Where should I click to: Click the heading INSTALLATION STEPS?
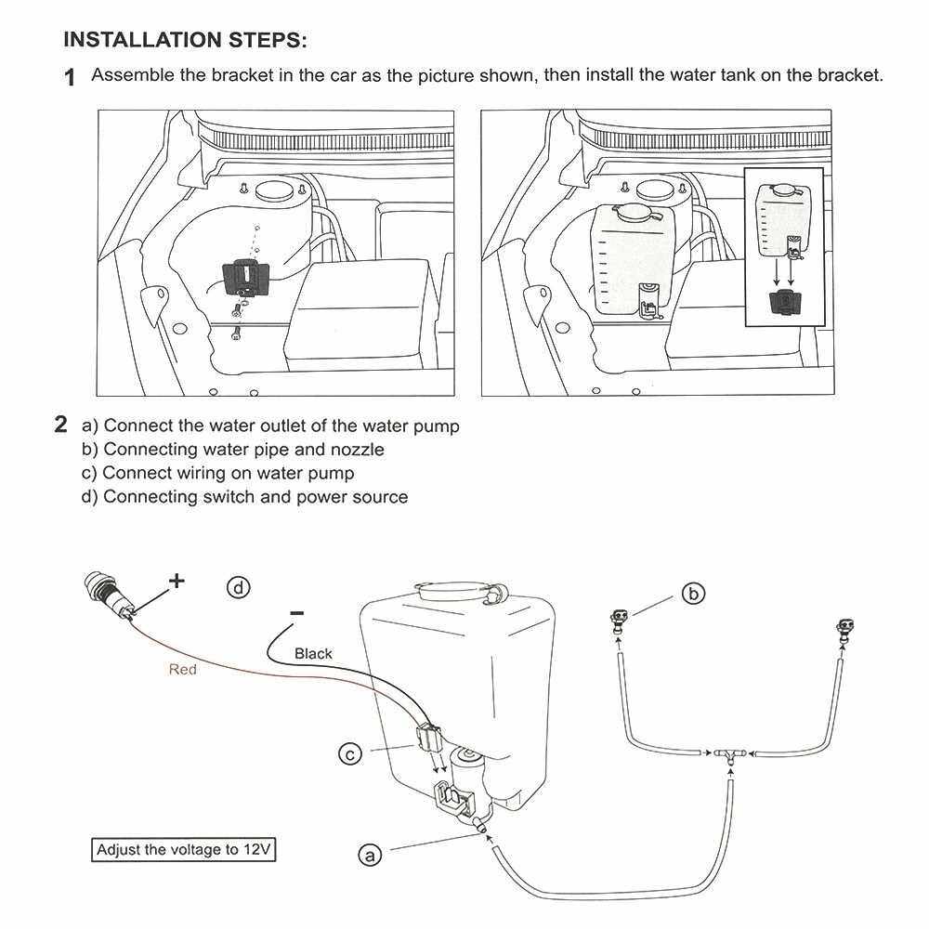pyautogui.click(x=184, y=41)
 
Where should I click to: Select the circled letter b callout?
pyautogui.click(x=693, y=593)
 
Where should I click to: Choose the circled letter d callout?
pyautogui.click(x=240, y=587)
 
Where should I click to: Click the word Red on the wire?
pyautogui.click(x=183, y=669)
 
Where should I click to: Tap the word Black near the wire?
pyautogui.click(x=313, y=653)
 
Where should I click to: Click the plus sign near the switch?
pyautogui.click(x=176, y=582)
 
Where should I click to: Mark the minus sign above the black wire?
pyautogui.click(x=296, y=613)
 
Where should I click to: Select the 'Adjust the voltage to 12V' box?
pyautogui.click(x=186, y=849)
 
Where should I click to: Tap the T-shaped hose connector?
pyautogui.click(x=731, y=753)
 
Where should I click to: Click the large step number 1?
pyautogui.click(x=70, y=78)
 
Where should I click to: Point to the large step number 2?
pyautogui.click(x=61, y=426)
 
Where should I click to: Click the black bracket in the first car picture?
pyautogui.click(x=246, y=276)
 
